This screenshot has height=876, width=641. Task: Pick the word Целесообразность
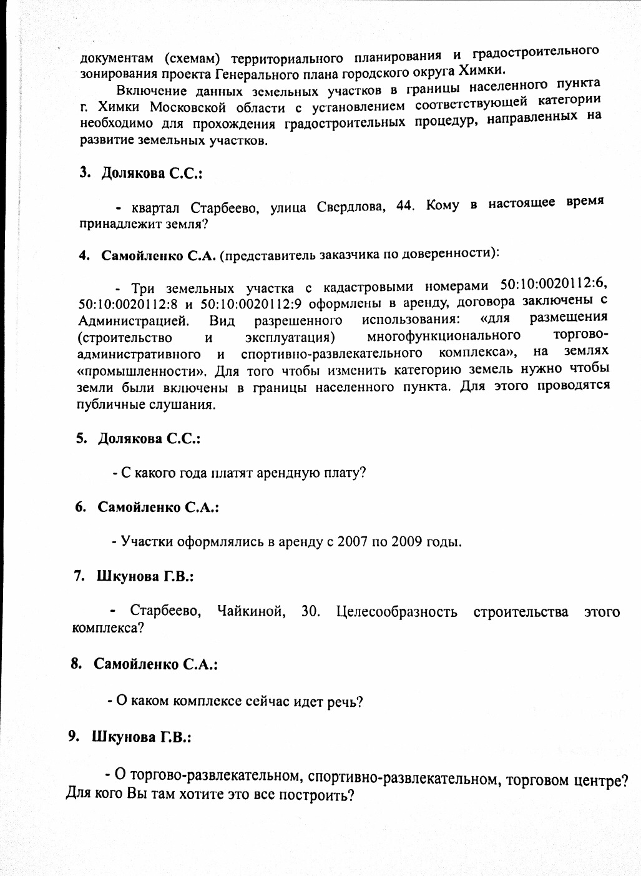396,611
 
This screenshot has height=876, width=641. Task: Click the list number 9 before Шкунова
73,737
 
